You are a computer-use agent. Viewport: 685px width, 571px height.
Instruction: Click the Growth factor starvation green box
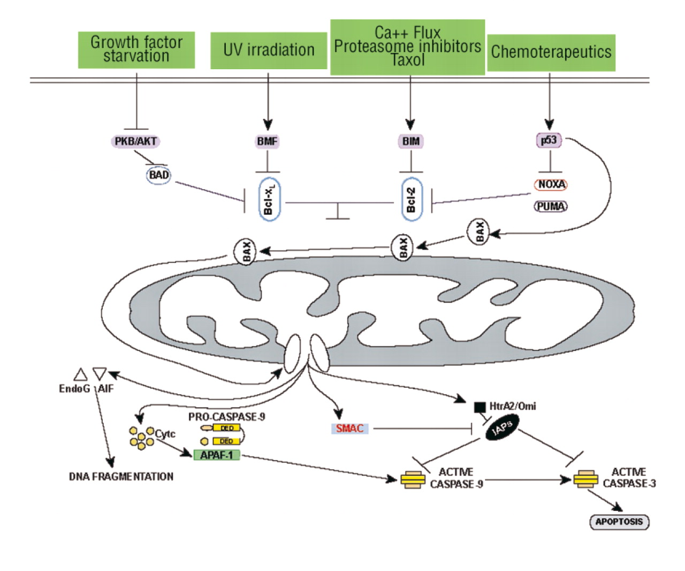click(x=136, y=50)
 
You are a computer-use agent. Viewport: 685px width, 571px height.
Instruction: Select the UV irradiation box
click(x=269, y=50)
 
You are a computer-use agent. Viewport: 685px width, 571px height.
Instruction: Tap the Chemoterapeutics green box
click(x=551, y=52)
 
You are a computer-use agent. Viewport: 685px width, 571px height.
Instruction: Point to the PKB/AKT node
click(x=136, y=141)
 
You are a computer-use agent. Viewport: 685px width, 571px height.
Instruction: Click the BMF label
click(x=268, y=141)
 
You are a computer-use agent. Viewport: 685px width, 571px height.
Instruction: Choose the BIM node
click(x=411, y=141)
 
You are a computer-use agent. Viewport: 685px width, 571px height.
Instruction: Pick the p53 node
click(x=549, y=140)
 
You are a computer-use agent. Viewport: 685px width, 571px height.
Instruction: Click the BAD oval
click(x=158, y=175)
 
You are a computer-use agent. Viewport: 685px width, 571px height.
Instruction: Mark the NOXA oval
click(x=551, y=184)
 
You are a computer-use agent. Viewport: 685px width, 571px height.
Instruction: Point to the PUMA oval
click(x=551, y=206)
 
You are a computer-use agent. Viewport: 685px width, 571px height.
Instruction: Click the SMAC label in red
click(x=349, y=429)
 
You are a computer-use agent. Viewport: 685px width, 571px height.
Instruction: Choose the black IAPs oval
click(x=502, y=429)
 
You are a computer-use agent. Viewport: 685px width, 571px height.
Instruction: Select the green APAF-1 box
click(x=216, y=455)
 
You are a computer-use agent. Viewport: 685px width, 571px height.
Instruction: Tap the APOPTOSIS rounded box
click(x=619, y=522)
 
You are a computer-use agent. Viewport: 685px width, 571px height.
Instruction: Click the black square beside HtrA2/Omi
click(x=479, y=407)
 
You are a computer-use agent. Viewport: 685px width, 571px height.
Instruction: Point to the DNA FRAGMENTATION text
click(x=121, y=476)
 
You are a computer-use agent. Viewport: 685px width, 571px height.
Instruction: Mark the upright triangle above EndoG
click(x=80, y=374)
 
